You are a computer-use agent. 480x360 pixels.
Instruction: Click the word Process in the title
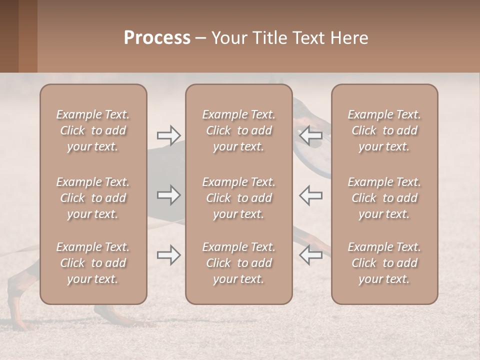click(157, 38)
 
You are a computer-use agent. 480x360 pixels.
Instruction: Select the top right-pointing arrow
click(169, 135)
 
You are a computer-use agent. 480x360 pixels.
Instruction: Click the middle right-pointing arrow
click(169, 195)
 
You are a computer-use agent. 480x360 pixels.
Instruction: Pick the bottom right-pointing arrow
click(169, 255)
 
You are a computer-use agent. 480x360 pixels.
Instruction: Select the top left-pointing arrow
click(310, 135)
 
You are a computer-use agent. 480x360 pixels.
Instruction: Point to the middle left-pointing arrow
click(310, 195)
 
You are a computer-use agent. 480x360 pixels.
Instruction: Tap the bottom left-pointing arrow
click(310, 255)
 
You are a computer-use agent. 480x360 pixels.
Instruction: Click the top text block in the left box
click(93, 130)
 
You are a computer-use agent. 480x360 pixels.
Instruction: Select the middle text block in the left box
click(93, 198)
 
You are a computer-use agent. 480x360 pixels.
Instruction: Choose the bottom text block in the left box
click(93, 263)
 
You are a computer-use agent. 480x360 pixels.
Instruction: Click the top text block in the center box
click(239, 130)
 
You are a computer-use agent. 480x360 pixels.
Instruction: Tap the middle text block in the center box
click(239, 198)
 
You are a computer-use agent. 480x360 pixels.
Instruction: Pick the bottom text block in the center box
click(239, 263)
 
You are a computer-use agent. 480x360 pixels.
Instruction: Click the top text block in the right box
click(384, 130)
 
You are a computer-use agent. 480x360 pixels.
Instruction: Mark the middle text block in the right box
click(384, 198)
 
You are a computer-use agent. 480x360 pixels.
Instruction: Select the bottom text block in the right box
click(384, 263)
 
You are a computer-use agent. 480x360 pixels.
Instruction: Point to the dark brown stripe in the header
click(9, 36)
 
